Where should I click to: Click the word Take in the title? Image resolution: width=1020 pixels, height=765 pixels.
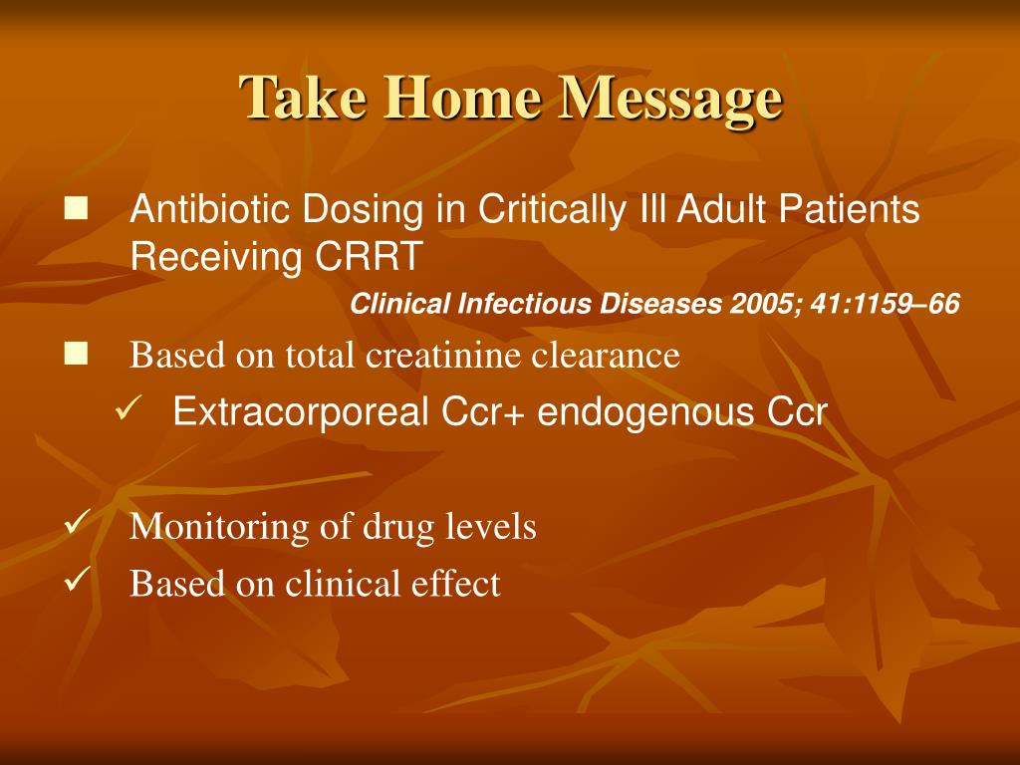[x=303, y=97]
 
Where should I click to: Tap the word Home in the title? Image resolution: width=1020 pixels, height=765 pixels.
[x=463, y=97]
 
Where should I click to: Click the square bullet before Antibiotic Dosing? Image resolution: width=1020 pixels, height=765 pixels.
[x=76, y=209]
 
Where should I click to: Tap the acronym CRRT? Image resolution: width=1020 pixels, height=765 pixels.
[x=369, y=256]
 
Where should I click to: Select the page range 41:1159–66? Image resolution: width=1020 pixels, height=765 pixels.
[x=886, y=304]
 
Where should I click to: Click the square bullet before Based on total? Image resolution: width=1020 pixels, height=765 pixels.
[x=76, y=355]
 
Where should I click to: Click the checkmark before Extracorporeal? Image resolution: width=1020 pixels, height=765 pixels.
[x=127, y=409]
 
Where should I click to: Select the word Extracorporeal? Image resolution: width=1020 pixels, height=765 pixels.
[x=301, y=411]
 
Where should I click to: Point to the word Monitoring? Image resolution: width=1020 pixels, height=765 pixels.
[x=219, y=527]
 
